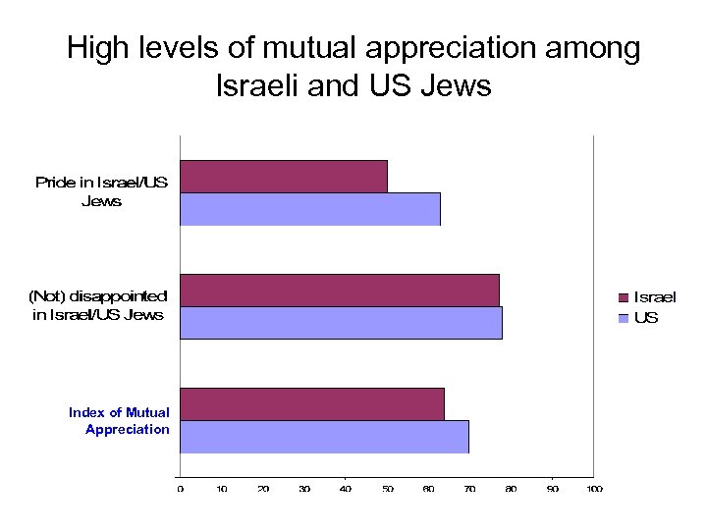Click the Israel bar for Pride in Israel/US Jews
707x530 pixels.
click(x=283, y=177)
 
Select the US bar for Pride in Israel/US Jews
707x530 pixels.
click(x=309, y=209)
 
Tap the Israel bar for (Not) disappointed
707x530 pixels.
click(x=339, y=291)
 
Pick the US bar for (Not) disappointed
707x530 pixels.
click(x=341, y=323)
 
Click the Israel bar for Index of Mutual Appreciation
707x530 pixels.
click(x=311, y=404)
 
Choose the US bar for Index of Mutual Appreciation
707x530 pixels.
click(x=324, y=437)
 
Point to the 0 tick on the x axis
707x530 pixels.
click(x=180, y=488)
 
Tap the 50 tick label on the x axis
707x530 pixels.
click(x=387, y=488)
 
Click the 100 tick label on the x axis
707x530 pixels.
click(x=593, y=488)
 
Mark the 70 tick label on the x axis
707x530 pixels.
click(x=469, y=488)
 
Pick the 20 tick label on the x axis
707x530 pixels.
click(x=262, y=488)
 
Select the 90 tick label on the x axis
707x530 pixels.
click(x=552, y=488)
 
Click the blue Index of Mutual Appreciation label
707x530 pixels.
click(x=119, y=421)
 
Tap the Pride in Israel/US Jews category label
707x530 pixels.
click(x=101, y=191)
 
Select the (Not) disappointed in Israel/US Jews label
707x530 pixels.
click(x=98, y=305)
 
